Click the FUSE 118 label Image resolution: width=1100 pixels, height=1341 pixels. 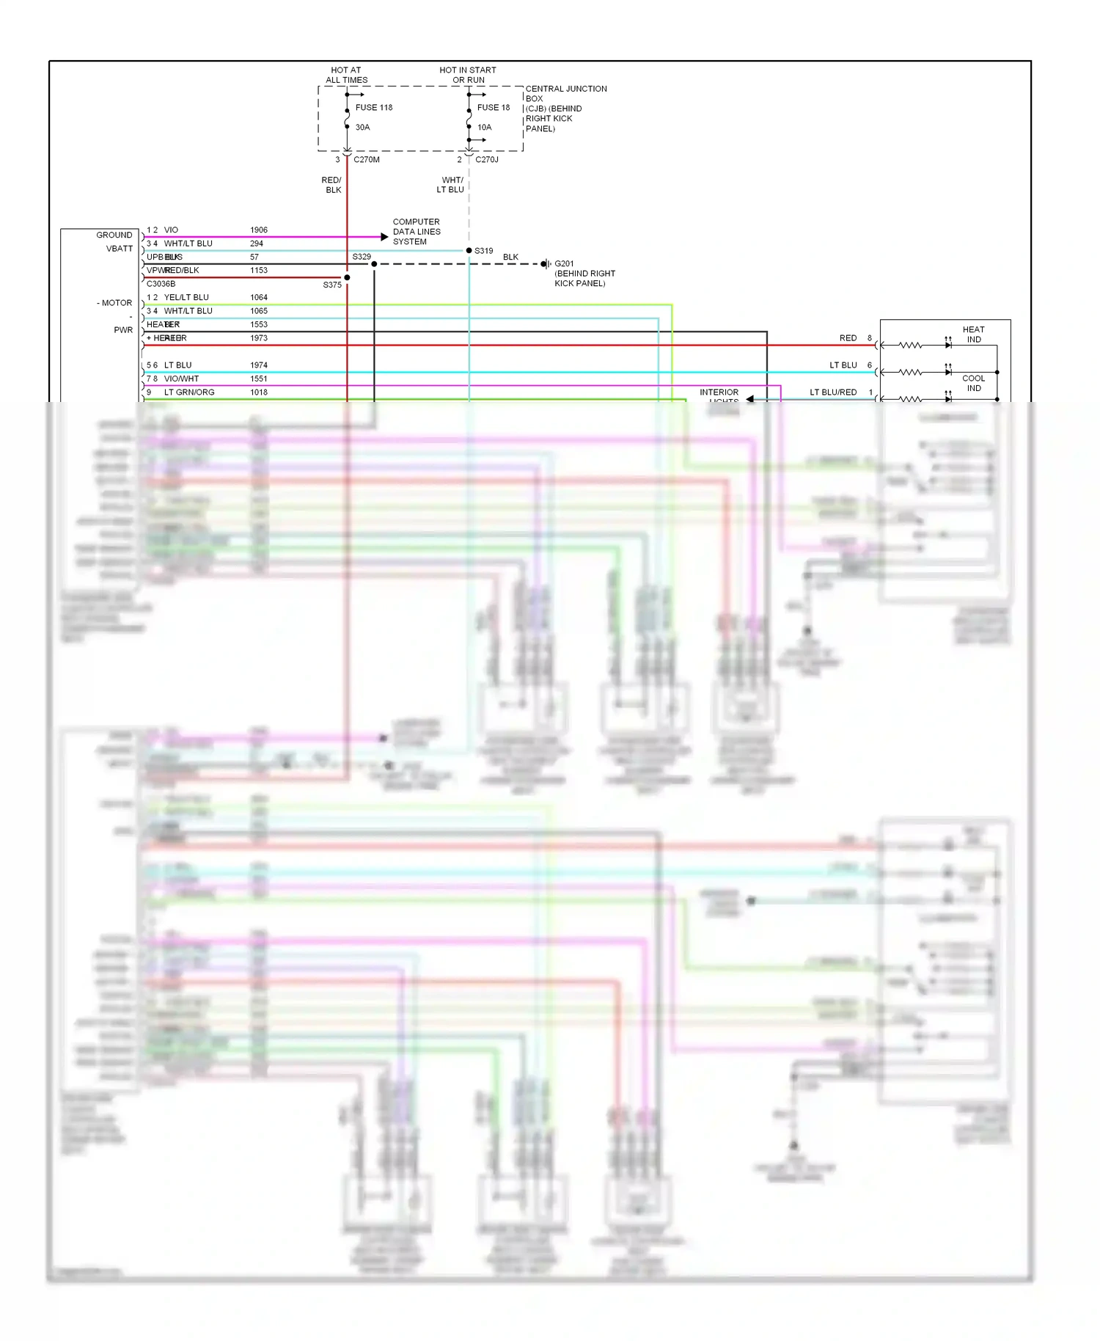(373, 108)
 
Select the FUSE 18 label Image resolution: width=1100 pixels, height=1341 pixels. (493, 108)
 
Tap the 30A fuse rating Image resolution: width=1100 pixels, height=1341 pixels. (362, 128)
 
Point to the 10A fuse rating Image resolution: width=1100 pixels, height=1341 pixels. (484, 128)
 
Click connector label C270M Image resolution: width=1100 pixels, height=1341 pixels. (366, 160)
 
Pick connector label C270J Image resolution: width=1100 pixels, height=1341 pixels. (486, 160)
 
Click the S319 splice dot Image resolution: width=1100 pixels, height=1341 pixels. (469, 251)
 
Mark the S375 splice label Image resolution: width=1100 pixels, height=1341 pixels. (332, 285)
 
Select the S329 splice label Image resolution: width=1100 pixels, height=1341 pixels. (362, 257)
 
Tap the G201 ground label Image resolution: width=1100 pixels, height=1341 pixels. (564, 264)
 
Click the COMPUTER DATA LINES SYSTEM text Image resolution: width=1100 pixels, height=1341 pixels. (416, 232)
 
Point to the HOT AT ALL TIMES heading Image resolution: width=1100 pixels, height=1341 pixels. (346, 75)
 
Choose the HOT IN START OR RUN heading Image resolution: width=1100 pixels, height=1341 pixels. (468, 75)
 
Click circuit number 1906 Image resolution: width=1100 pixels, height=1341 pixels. (258, 230)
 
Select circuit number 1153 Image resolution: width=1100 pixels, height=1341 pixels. (258, 271)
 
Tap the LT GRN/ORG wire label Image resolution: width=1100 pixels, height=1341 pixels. (189, 392)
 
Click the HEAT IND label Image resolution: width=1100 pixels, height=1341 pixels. (973, 335)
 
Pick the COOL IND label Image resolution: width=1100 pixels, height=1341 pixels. (973, 383)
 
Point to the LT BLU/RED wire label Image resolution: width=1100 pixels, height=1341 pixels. (832, 392)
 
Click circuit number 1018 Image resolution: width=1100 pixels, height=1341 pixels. (258, 392)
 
